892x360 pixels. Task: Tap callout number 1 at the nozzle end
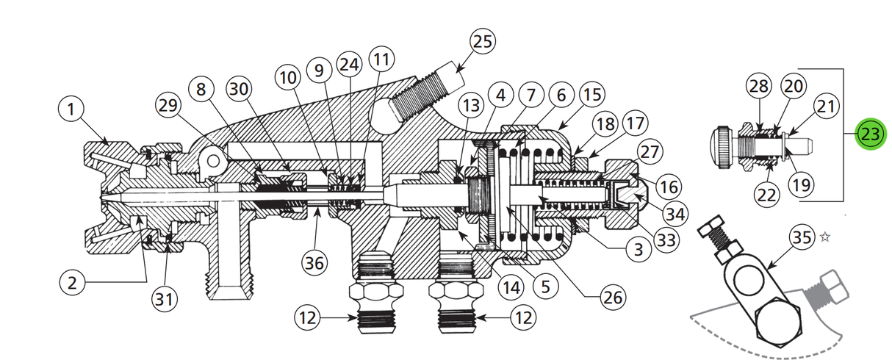[x=71, y=111]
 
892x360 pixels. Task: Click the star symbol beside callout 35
[x=824, y=237]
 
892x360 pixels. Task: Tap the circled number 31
[x=166, y=298]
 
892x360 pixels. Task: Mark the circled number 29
[x=170, y=105]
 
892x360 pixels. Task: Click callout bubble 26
[x=613, y=298]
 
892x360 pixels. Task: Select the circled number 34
[x=675, y=213]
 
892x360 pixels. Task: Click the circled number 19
[x=803, y=184]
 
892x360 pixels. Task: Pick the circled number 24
[x=349, y=65]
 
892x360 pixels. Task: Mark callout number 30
[x=238, y=89]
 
